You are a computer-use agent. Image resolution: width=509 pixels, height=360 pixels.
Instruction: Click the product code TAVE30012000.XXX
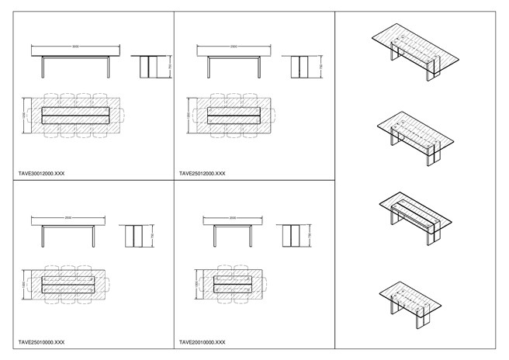[41, 174]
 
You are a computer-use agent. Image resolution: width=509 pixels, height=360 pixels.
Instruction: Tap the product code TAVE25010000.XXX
[41, 342]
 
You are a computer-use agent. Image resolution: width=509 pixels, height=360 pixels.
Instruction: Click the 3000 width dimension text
[75, 46]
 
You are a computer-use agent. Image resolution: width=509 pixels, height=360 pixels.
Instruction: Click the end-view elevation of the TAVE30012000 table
[147, 67]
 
